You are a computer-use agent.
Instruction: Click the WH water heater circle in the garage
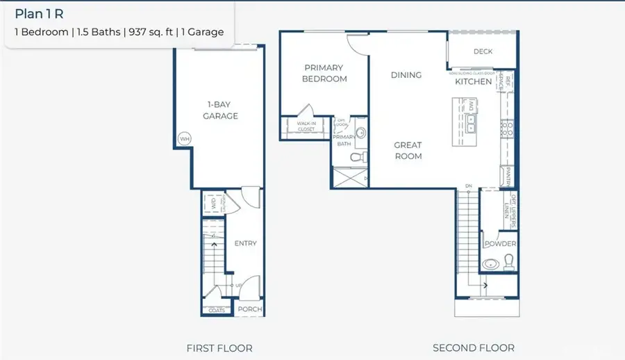184,139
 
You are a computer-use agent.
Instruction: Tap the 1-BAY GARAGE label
220,110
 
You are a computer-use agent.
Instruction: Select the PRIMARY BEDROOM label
324,73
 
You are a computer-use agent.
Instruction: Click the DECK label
483,51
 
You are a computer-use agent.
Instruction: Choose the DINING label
406,75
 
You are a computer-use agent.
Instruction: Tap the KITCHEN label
474,82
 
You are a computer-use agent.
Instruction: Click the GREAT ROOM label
408,151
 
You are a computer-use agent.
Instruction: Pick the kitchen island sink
471,124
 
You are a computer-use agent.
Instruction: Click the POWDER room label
500,244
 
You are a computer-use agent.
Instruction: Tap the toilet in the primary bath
357,158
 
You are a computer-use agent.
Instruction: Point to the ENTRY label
245,243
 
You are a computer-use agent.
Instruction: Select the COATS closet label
217,310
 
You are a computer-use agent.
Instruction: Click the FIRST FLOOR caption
219,347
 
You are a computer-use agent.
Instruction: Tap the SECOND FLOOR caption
474,347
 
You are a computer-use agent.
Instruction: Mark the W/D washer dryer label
213,204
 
